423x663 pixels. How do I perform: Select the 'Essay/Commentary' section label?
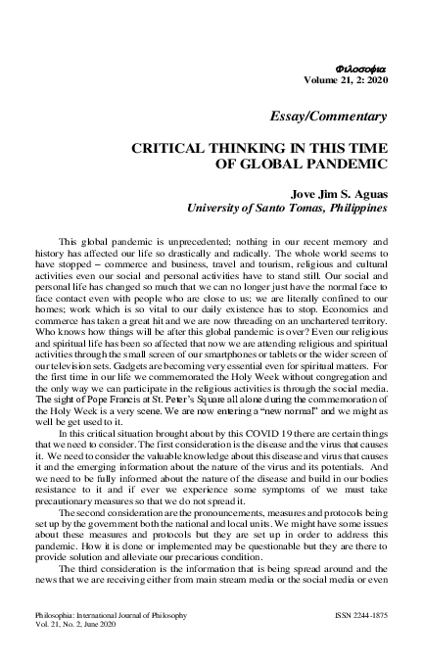coord(339,117)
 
